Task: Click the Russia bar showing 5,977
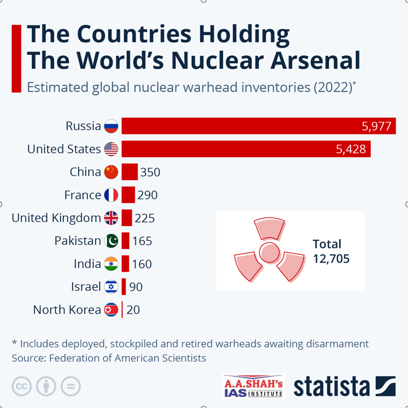pyautogui.click(x=258, y=126)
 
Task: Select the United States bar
pyautogui.click(x=246, y=149)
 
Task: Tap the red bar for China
pyautogui.click(x=129, y=172)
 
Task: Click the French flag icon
pyautogui.click(x=111, y=195)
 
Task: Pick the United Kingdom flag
pyautogui.click(x=111, y=218)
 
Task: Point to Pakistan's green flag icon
pyautogui.click(x=111, y=241)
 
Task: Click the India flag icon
pyautogui.click(x=111, y=264)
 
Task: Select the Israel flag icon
pyautogui.click(x=111, y=287)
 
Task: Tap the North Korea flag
pyautogui.click(x=111, y=310)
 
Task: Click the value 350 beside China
pyautogui.click(x=150, y=172)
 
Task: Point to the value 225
pyautogui.click(x=145, y=218)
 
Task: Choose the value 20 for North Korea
pyautogui.click(x=133, y=310)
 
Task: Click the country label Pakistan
pyautogui.click(x=77, y=241)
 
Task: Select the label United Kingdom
pyautogui.click(x=56, y=218)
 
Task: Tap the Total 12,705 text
pyautogui.click(x=331, y=251)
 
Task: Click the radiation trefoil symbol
pyautogui.click(x=269, y=250)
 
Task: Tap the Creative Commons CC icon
pyautogui.click(x=21, y=387)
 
